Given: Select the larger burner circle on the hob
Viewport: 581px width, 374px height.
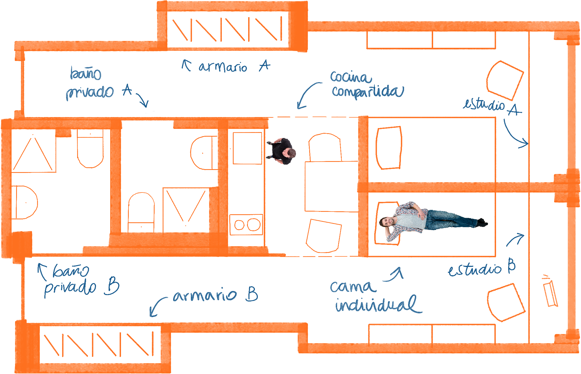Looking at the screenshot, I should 254,224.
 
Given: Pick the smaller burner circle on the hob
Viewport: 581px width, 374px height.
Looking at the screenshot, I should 239,225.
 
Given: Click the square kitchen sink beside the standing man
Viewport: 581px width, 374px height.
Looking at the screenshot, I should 247,148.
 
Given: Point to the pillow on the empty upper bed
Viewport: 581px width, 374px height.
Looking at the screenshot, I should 389,148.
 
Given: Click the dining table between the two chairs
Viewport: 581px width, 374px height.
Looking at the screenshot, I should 331,186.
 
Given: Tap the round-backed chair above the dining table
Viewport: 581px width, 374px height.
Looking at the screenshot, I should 325,148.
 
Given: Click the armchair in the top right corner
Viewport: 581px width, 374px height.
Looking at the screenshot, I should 505,81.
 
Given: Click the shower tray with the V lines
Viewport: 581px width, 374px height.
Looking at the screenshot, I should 186,210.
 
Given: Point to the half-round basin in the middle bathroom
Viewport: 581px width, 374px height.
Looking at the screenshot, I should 203,153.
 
